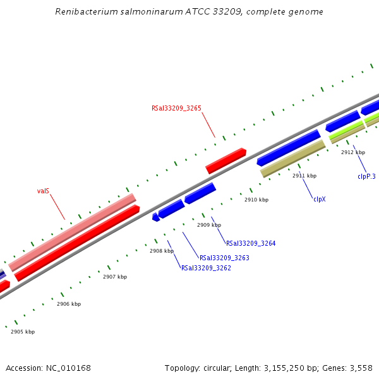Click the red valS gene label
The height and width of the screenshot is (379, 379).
pyautogui.click(x=43, y=190)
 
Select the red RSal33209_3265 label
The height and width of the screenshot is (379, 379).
pyautogui.click(x=176, y=108)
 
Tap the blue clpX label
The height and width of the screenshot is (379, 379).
pyautogui.click(x=320, y=199)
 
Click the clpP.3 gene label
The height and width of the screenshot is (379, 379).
pyautogui.click(x=366, y=176)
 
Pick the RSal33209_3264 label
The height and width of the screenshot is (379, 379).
pyautogui.click(x=251, y=243)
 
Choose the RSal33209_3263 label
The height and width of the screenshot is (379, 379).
pyautogui.click(x=224, y=258)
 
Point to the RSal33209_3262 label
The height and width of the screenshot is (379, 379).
pyautogui.click(x=206, y=268)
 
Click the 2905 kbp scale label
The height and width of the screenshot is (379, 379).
pyautogui.click(x=23, y=332)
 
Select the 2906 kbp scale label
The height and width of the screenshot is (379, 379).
pyautogui.click(x=69, y=304)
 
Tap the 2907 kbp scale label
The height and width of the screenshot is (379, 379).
pyautogui.click(x=115, y=277)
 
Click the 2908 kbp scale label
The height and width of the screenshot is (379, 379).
pyautogui.click(x=162, y=251)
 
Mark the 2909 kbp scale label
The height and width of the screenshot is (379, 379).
pyautogui.click(x=209, y=225)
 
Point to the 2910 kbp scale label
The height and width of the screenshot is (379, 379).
pyautogui.click(x=256, y=200)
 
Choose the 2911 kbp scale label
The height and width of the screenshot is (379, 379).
pyautogui.click(x=304, y=176)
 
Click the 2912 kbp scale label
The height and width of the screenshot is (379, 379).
pyautogui.click(x=353, y=152)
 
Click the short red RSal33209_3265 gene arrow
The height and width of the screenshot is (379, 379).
pyautogui.click(x=226, y=160)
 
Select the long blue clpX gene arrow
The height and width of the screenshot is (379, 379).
pyautogui.click(x=289, y=147)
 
